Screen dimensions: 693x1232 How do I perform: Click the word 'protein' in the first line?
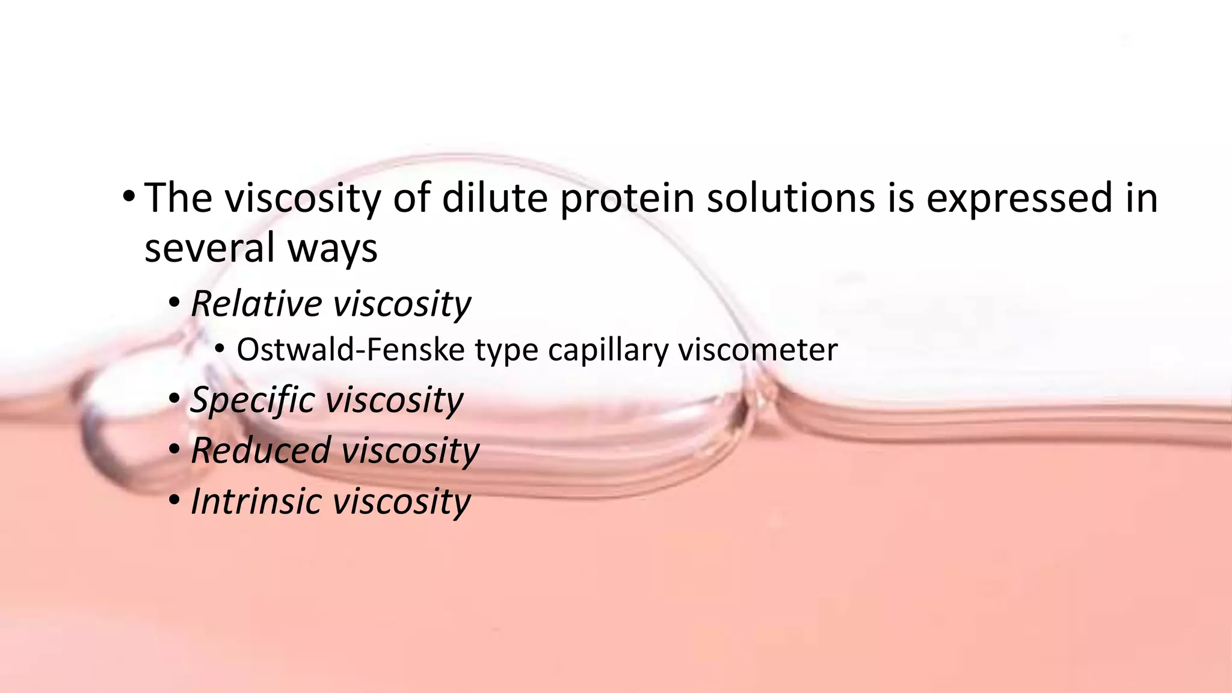[627, 199]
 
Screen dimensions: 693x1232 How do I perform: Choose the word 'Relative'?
[256, 303]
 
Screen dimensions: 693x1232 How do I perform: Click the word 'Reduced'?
[261, 450]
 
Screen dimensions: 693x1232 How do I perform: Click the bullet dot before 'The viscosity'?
[128, 197]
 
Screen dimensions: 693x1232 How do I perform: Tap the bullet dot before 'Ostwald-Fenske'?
[220, 350]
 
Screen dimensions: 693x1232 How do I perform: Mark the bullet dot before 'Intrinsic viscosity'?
[174, 500]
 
